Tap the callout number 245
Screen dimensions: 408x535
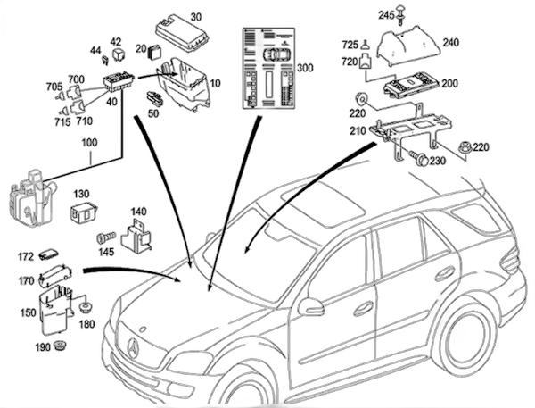(x=386, y=14)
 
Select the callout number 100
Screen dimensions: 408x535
(x=90, y=143)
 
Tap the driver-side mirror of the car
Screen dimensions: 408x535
(x=310, y=306)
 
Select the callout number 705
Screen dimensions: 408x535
(x=54, y=87)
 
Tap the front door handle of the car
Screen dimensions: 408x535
(x=365, y=308)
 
